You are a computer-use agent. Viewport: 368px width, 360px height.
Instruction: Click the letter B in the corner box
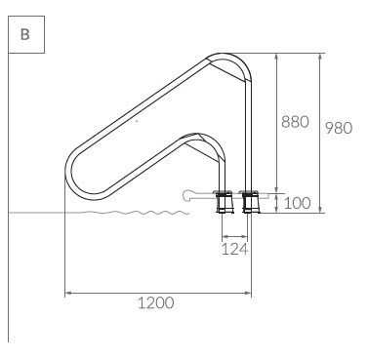25,34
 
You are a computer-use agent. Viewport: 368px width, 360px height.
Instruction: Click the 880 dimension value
295,122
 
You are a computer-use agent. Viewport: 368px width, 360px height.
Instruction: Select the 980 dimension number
339,128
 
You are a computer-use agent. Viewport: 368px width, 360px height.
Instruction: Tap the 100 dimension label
298,203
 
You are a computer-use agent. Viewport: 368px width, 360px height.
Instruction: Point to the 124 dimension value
235,249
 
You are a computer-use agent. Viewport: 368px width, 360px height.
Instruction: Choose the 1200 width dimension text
156,302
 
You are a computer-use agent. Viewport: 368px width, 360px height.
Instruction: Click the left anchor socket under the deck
225,202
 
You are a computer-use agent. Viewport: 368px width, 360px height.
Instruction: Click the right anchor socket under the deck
250,202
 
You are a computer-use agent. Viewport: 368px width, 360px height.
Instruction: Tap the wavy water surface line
130,213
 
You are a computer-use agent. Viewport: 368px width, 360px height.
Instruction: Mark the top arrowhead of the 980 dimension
320,57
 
